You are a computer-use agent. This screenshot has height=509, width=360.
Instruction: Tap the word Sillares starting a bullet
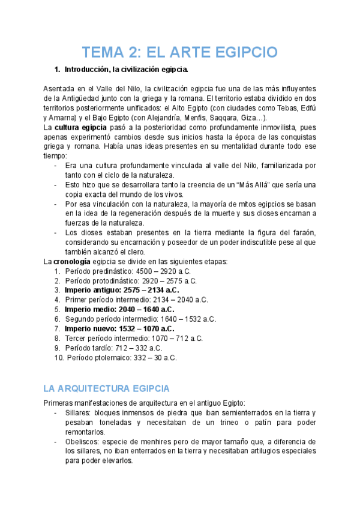coord(77,414)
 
